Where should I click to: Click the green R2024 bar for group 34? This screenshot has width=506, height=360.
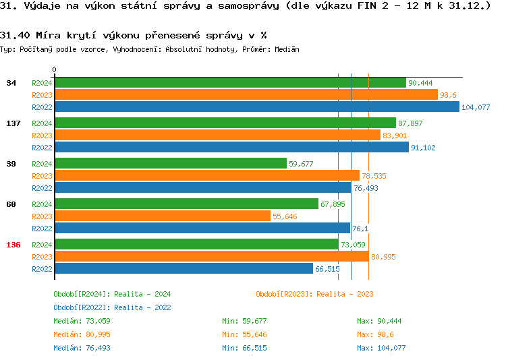point(229,83)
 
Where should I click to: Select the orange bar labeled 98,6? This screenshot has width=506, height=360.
point(246,95)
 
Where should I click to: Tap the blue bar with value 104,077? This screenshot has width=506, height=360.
point(256,107)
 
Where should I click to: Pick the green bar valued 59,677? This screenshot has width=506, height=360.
point(170,164)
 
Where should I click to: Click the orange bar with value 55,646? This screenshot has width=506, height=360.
point(162,216)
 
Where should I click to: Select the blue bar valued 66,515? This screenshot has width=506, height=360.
point(184,269)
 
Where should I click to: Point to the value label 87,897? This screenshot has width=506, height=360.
point(410,123)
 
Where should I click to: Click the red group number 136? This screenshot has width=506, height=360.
point(13,245)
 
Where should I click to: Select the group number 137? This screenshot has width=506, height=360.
point(12,123)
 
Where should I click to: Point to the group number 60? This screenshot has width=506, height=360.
point(11,204)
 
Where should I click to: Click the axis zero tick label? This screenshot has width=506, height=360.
point(55,69)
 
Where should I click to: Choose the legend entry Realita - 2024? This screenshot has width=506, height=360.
point(112,294)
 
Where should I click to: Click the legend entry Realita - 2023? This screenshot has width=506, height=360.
point(314,294)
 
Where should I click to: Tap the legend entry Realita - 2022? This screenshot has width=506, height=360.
point(112,307)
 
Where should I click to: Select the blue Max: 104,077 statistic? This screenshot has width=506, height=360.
point(381,348)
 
